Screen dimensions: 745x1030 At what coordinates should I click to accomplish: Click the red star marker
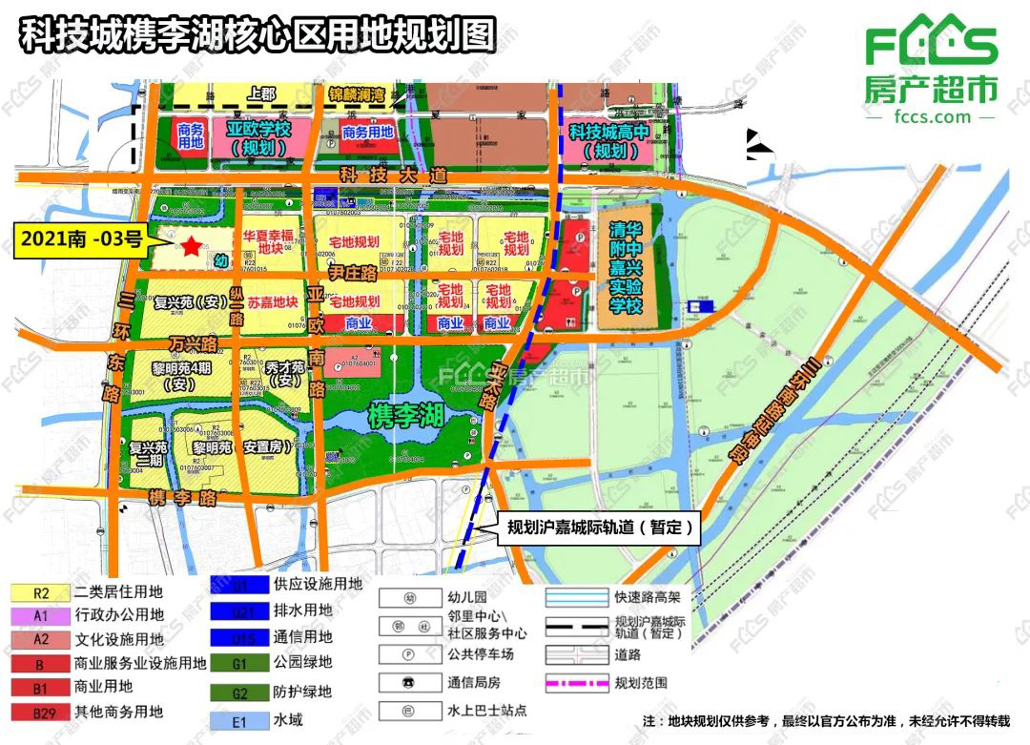coord(192,246)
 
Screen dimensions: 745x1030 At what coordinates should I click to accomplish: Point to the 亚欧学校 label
coord(257,137)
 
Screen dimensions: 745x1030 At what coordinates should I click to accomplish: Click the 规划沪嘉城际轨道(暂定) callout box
coord(600,527)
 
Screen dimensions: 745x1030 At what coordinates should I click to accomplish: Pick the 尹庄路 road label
coord(352,274)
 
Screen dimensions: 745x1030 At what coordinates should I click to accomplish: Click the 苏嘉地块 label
coord(273,302)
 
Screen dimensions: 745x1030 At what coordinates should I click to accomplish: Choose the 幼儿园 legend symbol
coord(409,598)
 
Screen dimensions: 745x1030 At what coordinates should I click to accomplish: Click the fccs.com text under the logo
coord(932,116)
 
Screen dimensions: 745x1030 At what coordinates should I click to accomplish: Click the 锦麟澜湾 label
coord(355,94)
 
